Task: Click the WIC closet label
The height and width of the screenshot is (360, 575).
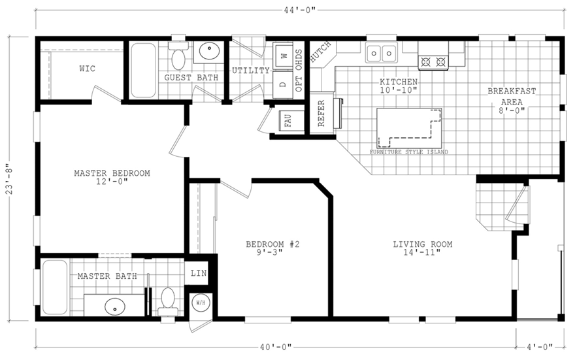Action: coord(87,68)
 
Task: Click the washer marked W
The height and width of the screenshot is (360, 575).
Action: coord(284,56)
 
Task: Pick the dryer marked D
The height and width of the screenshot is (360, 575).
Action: coord(284,84)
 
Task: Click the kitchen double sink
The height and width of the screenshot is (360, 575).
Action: coord(382,51)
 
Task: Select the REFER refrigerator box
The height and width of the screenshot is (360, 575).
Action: coord(321,112)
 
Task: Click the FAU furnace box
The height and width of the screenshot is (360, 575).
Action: coord(287,121)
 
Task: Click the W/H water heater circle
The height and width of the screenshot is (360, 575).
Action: coord(199,303)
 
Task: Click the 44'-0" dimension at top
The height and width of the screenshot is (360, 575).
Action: coord(301,10)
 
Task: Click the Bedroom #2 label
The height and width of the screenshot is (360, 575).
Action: coord(272,244)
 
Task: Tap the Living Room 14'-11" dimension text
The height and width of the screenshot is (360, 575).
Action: coord(422,254)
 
